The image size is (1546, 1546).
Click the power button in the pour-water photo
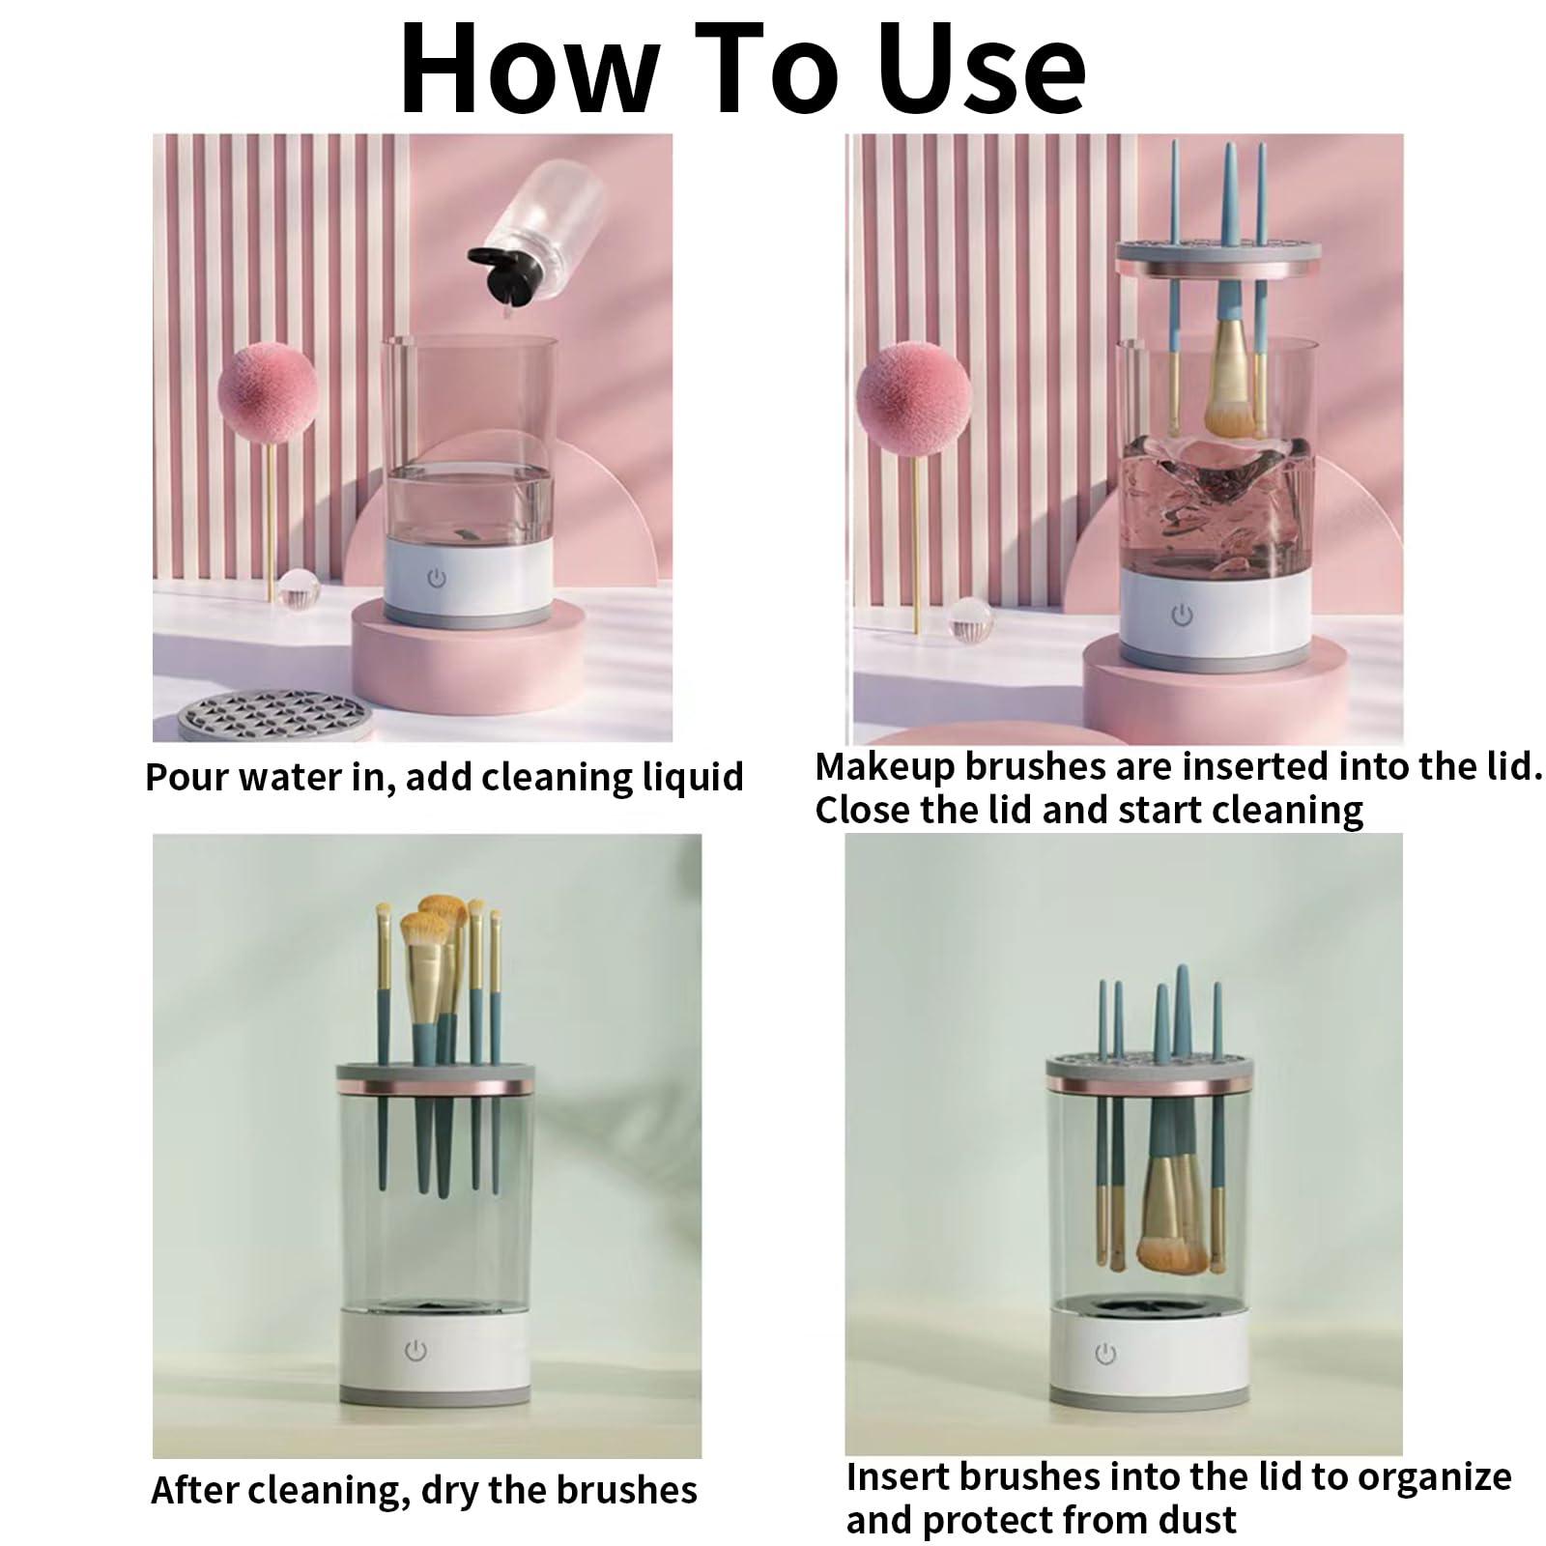tap(437, 578)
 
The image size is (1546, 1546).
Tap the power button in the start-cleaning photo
tap(1181, 614)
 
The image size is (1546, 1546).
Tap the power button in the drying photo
tap(415, 1350)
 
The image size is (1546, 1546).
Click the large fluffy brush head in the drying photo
tap(424, 937)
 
